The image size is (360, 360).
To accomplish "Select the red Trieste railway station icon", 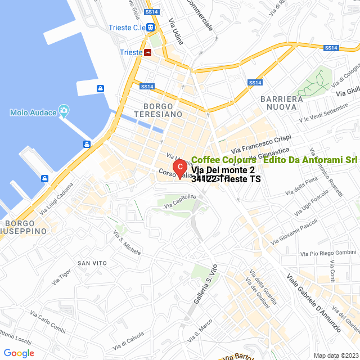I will [x=148, y=52].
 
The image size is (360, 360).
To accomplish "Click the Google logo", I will [x=19, y=353].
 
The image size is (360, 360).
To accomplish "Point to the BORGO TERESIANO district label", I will [x=163, y=110].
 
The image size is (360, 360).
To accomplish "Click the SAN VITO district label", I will [x=92, y=263].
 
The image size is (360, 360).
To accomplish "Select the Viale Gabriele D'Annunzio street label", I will [x=314, y=301].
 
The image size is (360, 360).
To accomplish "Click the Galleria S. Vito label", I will [x=206, y=287].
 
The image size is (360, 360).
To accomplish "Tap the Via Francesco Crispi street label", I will [x=263, y=145].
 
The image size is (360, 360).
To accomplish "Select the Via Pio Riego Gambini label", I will [x=328, y=253].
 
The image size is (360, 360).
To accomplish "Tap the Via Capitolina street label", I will [x=180, y=201].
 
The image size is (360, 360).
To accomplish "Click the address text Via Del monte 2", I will [x=223, y=169].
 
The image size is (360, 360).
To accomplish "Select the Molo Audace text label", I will [x=33, y=112].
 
